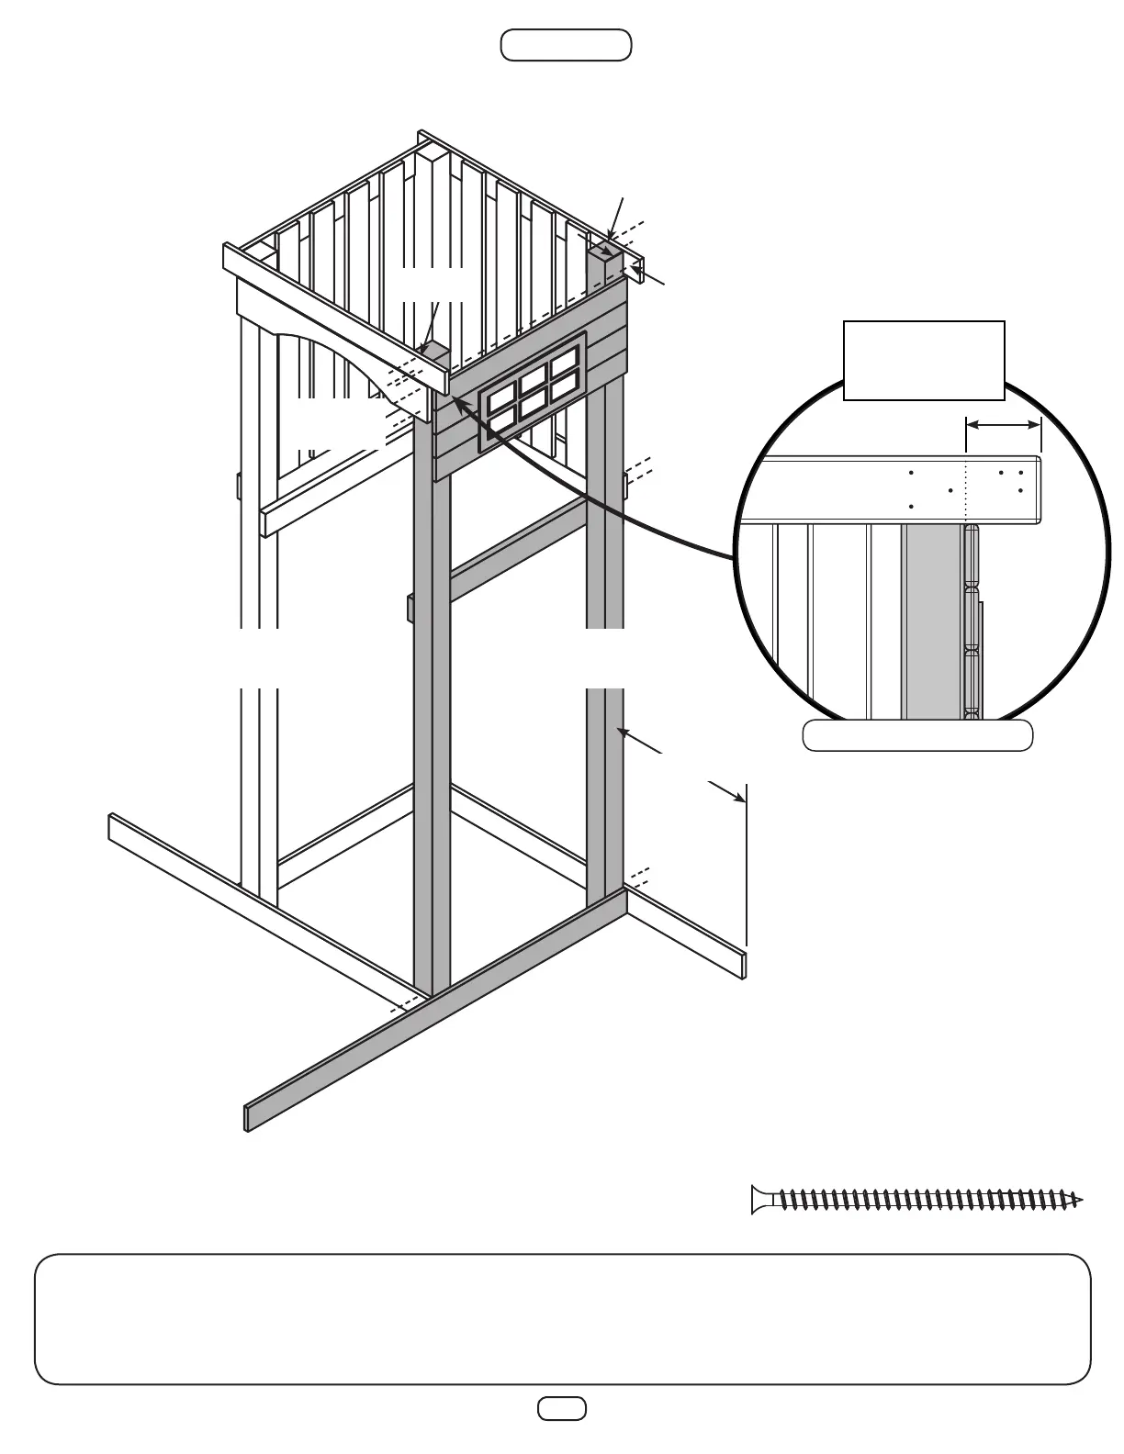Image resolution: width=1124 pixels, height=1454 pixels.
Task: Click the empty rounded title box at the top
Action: click(x=566, y=45)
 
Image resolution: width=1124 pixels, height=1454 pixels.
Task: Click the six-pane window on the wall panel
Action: click(x=532, y=392)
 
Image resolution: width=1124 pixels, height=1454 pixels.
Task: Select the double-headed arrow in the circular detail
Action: click(x=1004, y=425)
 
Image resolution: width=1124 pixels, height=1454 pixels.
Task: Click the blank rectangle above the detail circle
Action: click(x=924, y=361)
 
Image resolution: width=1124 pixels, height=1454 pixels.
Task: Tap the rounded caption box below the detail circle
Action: click(x=917, y=736)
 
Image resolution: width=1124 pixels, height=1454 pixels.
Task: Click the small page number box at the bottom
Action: click(x=561, y=1408)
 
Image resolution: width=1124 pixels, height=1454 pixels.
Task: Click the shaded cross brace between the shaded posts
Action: click(x=519, y=551)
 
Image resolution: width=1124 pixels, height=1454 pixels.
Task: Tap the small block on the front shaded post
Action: click(x=410, y=608)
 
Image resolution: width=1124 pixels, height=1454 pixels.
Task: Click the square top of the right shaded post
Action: click(x=603, y=251)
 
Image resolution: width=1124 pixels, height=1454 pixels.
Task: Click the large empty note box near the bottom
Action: click(x=562, y=1318)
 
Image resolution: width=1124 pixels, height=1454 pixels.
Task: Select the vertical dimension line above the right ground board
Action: click(x=747, y=863)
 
